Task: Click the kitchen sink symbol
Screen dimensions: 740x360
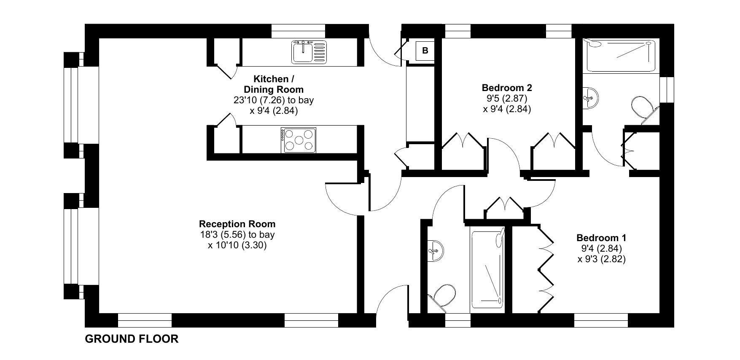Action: click(x=309, y=51)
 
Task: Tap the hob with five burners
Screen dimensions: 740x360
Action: click(x=298, y=140)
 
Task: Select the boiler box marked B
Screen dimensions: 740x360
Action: click(x=425, y=51)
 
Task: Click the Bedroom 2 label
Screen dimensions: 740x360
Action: click(x=507, y=88)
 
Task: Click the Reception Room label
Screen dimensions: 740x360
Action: click(x=237, y=224)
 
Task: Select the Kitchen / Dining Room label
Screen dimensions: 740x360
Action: click(x=274, y=84)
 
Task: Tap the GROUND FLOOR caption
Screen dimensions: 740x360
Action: click(x=132, y=339)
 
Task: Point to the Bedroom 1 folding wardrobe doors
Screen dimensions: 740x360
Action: click(x=546, y=269)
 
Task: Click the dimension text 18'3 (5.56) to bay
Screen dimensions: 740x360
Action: click(x=237, y=235)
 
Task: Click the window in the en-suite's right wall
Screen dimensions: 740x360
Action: click(x=667, y=89)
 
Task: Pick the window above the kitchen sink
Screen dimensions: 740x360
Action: click(x=299, y=31)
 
